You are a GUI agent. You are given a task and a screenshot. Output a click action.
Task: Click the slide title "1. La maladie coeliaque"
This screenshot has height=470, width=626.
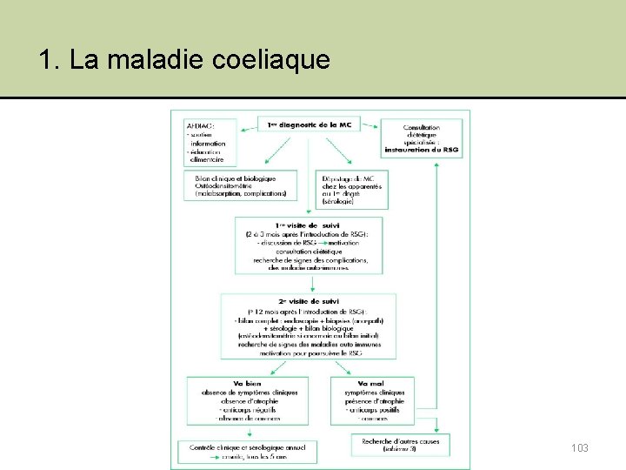(x=184, y=60)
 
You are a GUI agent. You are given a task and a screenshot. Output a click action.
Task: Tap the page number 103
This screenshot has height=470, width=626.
(x=580, y=447)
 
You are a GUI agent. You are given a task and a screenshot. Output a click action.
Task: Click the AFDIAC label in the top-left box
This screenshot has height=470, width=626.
(x=201, y=126)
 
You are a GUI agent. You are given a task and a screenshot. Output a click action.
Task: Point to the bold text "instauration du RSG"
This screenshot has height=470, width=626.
(x=421, y=150)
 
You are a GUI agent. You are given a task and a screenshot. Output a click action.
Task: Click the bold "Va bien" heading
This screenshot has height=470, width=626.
(x=246, y=384)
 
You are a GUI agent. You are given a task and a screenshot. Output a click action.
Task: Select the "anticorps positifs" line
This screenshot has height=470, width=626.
(x=375, y=408)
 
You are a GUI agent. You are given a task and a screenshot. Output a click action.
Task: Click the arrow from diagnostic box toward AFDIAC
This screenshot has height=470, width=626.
(x=243, y=127)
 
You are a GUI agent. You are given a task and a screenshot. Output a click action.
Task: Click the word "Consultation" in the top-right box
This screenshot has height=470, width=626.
(x=422, y=128)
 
